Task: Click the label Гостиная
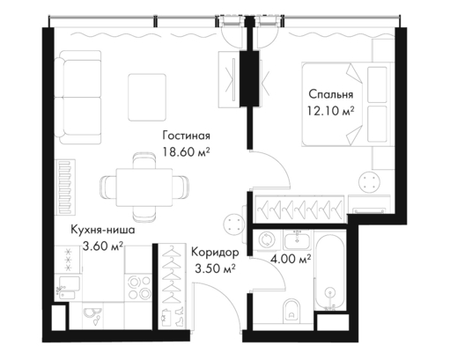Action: pyautogui.click(x=187, y=136)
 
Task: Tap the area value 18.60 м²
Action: pyautogui.click(x=187, y=152)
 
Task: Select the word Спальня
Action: pyautogui.click(x=331, y=94)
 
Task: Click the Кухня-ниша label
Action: pyautogui.click(x=103, y=230)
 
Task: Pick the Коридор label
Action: pyautogui.click(x=215, y=253)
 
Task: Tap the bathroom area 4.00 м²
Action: pyautogui.click(x=291, y=260)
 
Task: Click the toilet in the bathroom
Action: pyautogui.click(x=291, y=311)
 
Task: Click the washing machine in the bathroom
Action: pyautogui.click(x=267, y=240)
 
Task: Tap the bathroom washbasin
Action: pyautogui.click(x=298, y=239)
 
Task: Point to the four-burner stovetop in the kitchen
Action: pyautogui.click(x=138, y=288)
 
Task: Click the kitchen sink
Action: pyautogui.click(x=68, y=288)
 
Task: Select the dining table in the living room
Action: pyautogui.click(x=144, y=187)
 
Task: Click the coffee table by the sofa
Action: pyautogui.click(x=147, y=98)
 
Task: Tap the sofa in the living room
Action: pyautogui.click(x=78, y=98)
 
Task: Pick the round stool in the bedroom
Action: pyautogui.click(x=370, y=181)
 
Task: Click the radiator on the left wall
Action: pyautogui.click(x=65, y=187)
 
